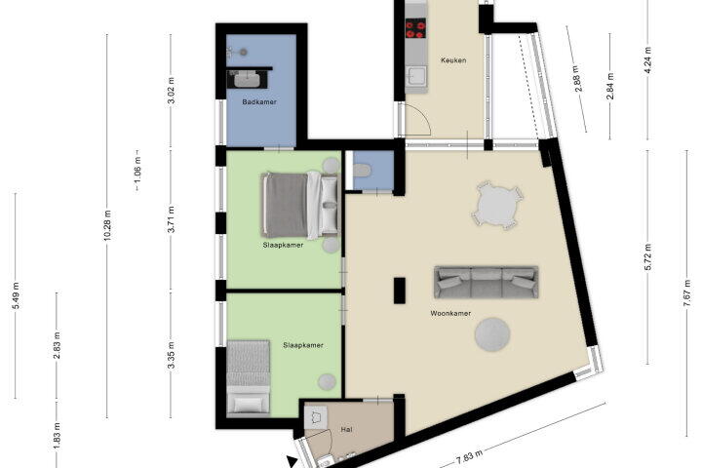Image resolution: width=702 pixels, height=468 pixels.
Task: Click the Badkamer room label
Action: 259,102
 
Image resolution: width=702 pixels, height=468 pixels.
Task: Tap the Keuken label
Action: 453,60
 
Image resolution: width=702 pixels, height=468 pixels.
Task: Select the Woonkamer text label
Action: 450,314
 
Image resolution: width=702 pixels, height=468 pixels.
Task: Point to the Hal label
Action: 346,429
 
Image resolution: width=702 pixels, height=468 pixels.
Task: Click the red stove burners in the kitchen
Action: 415,28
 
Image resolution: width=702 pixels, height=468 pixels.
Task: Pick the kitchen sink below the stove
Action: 415,77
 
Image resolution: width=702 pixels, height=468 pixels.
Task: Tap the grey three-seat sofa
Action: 487,282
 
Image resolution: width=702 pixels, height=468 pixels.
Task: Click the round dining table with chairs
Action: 497,206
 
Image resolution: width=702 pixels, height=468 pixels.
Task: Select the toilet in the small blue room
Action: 362,171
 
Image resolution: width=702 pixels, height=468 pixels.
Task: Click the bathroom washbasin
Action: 247,79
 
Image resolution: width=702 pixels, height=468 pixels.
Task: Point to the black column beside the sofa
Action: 400,291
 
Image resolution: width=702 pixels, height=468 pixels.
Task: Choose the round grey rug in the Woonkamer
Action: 492,334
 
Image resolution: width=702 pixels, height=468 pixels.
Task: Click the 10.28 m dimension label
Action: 107,225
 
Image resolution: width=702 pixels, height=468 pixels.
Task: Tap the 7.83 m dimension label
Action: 470,457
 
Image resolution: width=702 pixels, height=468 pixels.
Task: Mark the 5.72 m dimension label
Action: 647,257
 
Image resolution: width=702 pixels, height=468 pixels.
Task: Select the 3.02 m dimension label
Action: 171,91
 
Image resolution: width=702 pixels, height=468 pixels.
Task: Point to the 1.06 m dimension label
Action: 137,171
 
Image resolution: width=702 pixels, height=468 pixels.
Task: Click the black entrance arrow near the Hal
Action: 292,462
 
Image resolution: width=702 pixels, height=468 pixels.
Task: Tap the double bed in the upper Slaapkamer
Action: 300,204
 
